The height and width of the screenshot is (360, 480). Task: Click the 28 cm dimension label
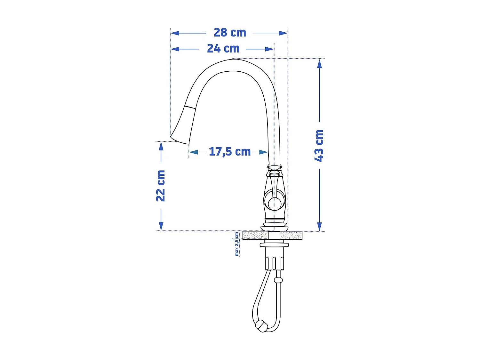coord(230,33)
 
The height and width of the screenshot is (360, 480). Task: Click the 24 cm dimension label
coord(223,49)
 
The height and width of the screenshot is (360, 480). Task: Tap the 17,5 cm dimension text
coord(229,152)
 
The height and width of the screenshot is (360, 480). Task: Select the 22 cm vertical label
coord(161,186)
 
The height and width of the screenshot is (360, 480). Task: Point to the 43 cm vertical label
coord(319,146)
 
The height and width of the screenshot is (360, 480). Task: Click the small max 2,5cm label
coord(237,244)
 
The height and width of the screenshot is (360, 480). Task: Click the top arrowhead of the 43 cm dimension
coord(319,64)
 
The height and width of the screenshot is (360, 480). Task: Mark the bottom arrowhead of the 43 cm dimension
coord(319,226)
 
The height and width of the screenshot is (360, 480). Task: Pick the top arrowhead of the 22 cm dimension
coord(161,146)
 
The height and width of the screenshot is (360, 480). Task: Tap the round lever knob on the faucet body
coord(275,203)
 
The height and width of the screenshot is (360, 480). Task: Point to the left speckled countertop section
coord(255,236)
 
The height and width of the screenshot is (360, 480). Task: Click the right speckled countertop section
coord(291,236)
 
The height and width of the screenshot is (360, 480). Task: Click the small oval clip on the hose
coord(278,280)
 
